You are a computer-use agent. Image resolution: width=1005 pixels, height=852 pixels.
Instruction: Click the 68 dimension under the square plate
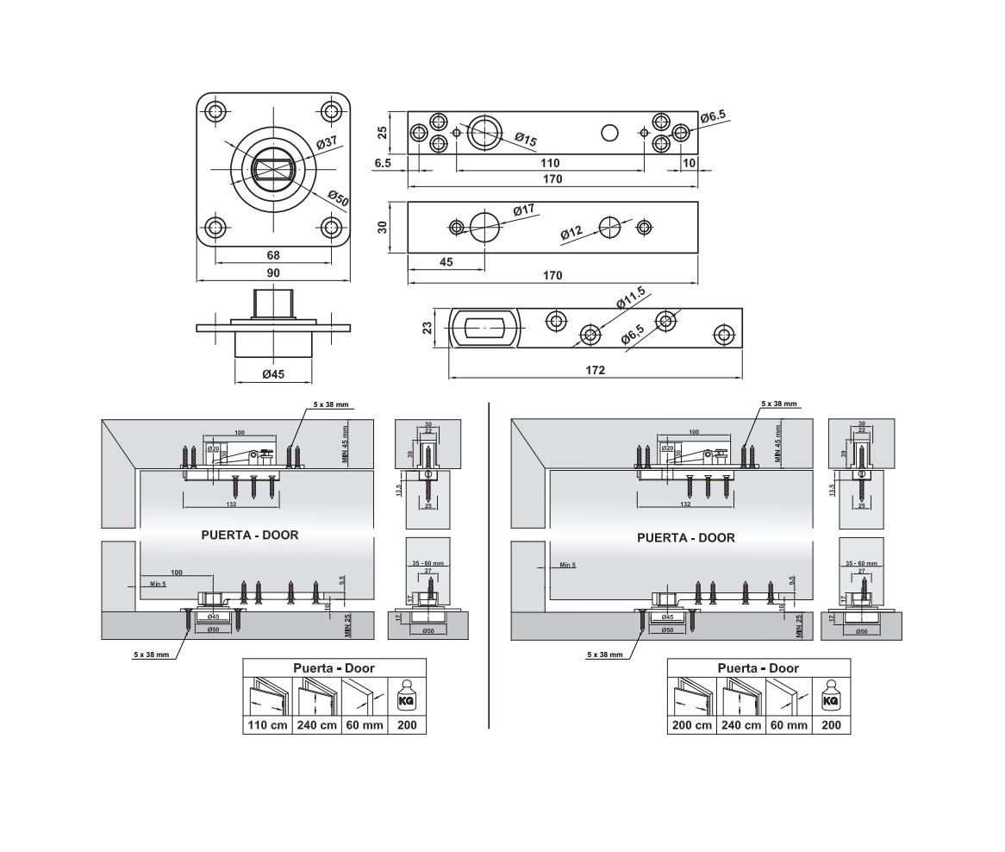[273, 255]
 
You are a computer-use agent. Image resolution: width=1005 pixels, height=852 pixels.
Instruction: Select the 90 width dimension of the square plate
[273, 273]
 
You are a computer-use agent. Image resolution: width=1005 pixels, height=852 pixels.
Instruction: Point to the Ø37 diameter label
[327, 142]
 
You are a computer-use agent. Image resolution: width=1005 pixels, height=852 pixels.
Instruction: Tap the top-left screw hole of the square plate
[215, 111]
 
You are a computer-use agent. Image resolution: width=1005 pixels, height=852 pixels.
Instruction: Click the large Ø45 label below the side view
[273, 373]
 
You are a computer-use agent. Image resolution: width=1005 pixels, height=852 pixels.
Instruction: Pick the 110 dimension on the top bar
[550, 163]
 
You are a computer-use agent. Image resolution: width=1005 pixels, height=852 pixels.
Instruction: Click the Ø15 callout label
[526, 140]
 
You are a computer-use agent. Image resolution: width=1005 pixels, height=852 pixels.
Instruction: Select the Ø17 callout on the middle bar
[523, 210]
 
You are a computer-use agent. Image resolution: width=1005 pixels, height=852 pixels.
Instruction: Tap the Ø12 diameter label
[571, 234]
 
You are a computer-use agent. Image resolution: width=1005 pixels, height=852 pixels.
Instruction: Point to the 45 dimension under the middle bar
[446, 261]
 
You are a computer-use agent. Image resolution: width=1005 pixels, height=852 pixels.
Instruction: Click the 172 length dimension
[595, 370]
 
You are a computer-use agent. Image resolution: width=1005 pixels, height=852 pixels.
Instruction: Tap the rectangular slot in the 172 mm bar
[485, 329]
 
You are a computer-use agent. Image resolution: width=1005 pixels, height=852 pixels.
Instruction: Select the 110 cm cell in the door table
[268, 724]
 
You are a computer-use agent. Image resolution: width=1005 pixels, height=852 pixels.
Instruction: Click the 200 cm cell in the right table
[692, 724]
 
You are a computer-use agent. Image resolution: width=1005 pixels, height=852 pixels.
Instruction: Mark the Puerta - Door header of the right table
[758, 667]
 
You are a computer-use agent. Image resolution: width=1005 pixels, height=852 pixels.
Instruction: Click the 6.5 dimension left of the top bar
[384, 163]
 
